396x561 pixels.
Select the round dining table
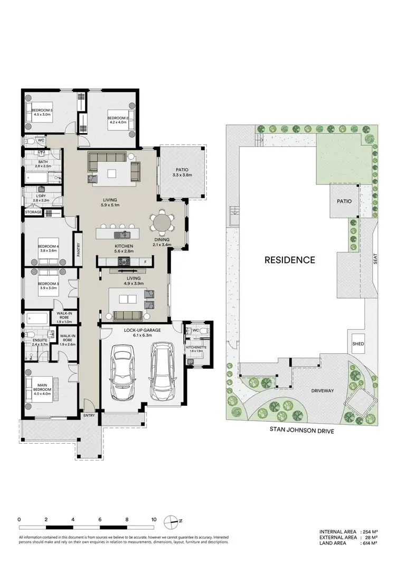coord(162,223)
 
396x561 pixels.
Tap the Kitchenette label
coord(194,348)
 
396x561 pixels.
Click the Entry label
coord(89,415)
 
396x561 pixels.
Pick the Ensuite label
coord(39,340)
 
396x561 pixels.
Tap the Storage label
coord(33,212)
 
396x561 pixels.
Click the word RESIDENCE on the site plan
coord(290,260)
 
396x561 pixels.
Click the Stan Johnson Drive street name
coord(303,430)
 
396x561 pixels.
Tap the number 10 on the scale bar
coord(154,519)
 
